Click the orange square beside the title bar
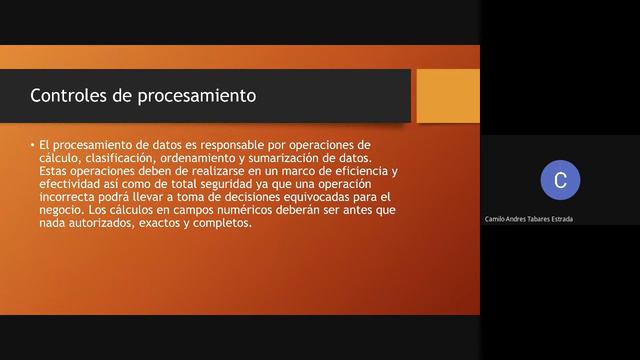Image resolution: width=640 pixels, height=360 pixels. (447, 95)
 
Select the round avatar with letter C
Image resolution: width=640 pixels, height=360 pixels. (560, 180)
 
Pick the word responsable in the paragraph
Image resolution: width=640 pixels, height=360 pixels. (222, 145)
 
